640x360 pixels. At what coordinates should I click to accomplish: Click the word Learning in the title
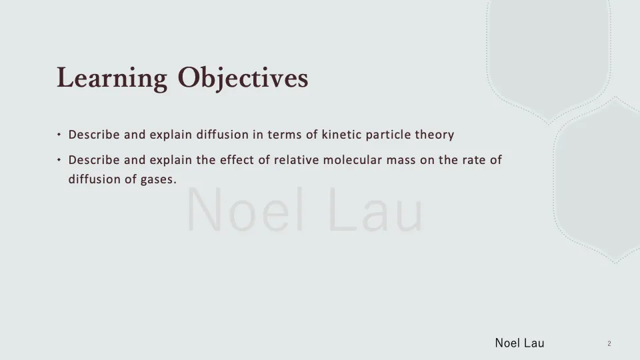(111, 79)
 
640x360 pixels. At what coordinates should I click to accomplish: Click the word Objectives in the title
(243, 79)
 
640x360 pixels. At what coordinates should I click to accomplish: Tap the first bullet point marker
(59, 135)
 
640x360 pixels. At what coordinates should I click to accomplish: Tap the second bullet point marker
(59, 160)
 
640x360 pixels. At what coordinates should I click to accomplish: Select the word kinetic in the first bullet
(343, 135)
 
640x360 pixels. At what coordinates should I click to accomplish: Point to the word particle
(389, 135)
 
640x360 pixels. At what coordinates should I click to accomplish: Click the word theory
(435, 135)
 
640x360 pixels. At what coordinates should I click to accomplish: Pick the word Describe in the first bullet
(94, 135)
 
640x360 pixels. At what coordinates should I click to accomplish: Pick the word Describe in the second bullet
(94, 160)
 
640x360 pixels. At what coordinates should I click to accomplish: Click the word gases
(159, 179)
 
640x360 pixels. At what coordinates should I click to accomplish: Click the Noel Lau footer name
(519, 343)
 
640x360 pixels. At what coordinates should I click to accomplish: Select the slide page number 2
(609, 343)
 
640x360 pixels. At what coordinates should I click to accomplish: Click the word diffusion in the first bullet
(222, 135)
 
